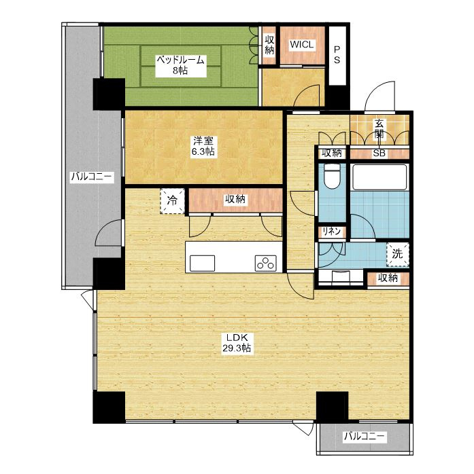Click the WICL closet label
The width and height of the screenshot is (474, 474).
click(x=301, y=44)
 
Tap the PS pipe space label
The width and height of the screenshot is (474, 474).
click(x=337, y=54)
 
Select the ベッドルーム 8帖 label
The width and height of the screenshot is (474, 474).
click(x=180, y=65)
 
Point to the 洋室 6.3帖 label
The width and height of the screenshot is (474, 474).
click(x=203, y=146)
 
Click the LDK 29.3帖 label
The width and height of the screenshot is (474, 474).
click(x=237, y=342)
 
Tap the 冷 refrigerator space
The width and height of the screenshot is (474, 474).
click(x=172, y=201)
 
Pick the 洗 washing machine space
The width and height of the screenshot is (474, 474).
click(x=397, y=255)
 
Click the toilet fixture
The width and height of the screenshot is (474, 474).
click(x=332, y=177)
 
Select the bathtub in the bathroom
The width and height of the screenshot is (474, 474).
click(x=379, y=177)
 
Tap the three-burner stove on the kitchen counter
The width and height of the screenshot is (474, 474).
click(x=266, y=263)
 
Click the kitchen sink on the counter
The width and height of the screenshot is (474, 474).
click(x=202, y=263)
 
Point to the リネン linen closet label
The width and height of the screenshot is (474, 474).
click(x=331, y=232)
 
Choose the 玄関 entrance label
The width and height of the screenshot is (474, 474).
click(x=379, y=129)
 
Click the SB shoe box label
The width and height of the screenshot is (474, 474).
click(x=379, y=153)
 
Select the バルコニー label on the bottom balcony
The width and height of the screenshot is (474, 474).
click(x=365, y=436)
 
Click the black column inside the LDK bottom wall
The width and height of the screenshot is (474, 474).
click(x=332, y=407)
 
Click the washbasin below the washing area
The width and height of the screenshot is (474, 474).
click(x=341, y=276)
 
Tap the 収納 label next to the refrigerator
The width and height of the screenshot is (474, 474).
click(x=235, y=199)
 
